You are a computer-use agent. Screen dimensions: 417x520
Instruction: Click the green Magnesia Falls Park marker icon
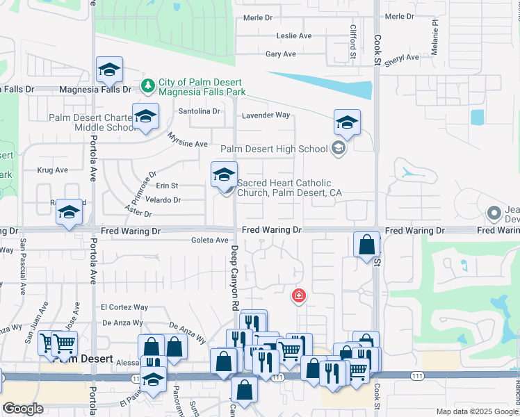click(x=147, y=86)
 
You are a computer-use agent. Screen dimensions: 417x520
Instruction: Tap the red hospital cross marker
click(x=299, y=296)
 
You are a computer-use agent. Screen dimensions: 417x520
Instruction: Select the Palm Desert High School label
click(x=274, y=149)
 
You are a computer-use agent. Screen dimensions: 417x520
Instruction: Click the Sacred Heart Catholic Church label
click(x=290, y=188)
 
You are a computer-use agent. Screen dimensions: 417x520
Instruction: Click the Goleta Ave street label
click(x=210, y=240)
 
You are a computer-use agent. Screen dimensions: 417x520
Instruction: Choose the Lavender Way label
click(x=265, y=115)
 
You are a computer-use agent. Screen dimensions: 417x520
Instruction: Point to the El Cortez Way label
click(x=124, y=306)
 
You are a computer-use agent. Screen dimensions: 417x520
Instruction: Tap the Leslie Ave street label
click(x=294, y=35)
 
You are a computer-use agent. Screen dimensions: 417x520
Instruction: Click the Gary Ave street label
click(x=281, y=54)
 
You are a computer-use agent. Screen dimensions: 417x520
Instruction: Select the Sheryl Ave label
click(x=400, y=60)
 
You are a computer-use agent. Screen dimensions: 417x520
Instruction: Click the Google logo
click(x=23, y=409)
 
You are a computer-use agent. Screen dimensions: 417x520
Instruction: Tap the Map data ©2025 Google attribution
click(x=477, y=411)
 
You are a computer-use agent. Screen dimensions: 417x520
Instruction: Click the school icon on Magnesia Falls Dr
click(x=109, y=69)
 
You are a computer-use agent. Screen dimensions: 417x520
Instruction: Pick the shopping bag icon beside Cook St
click(x=366, y=245)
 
